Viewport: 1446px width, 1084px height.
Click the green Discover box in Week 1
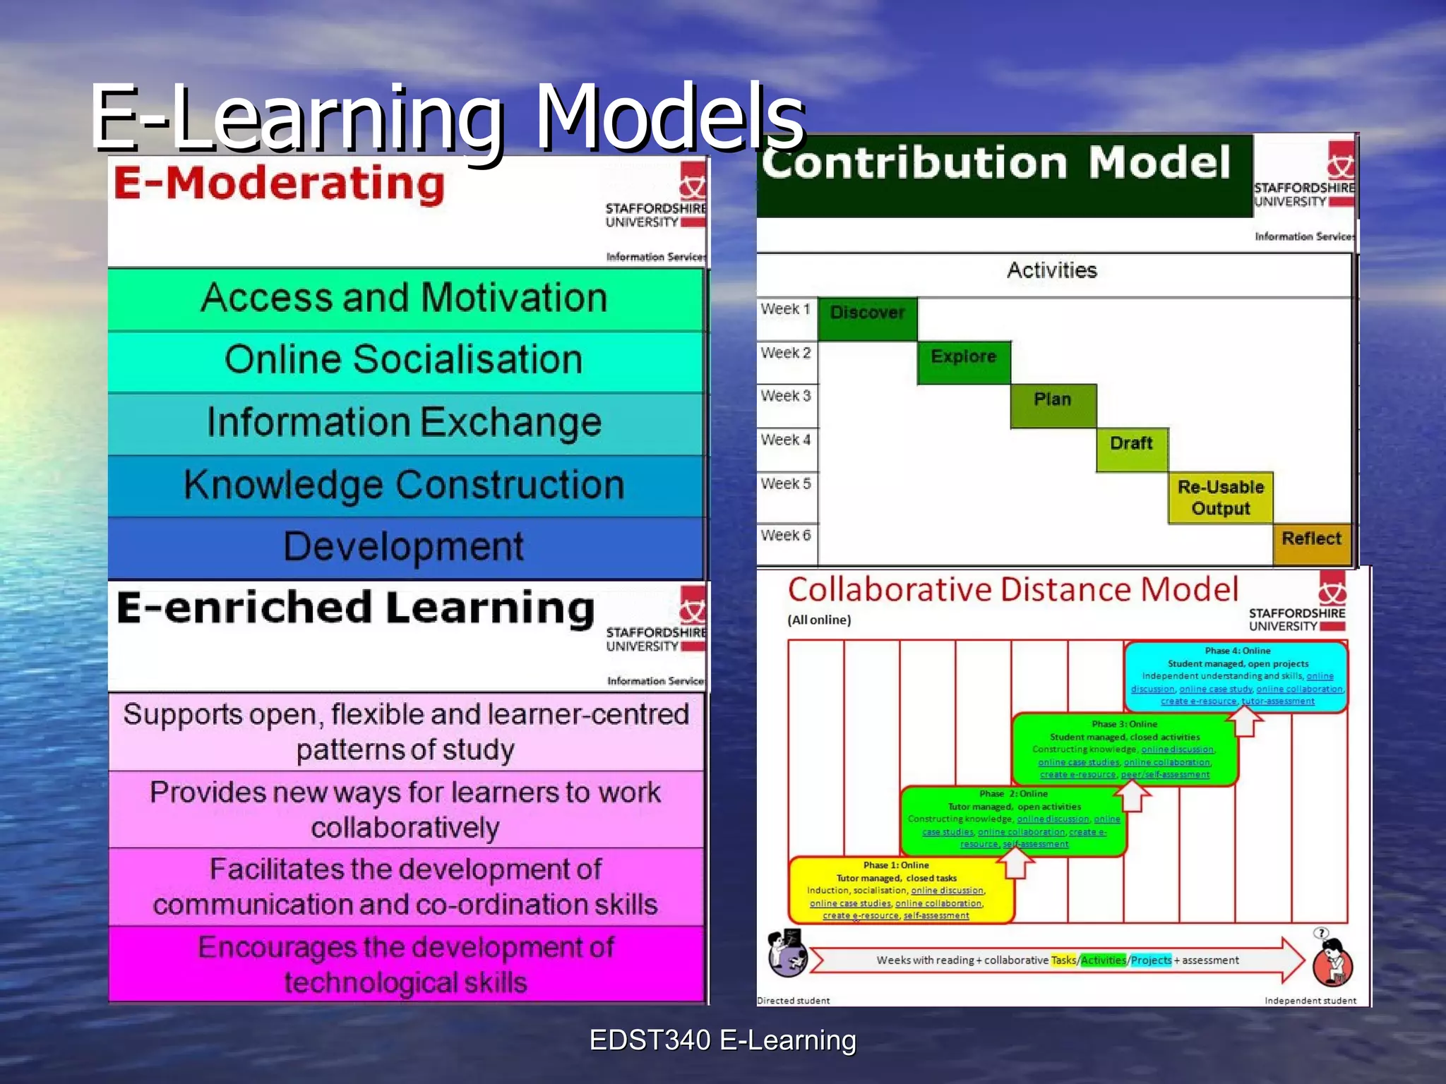tap(867, 318)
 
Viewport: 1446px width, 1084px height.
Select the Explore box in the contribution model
tap(963, 361)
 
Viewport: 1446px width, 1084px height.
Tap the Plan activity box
tap(1053, 405)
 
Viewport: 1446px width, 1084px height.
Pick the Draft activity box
tap(1131, 449)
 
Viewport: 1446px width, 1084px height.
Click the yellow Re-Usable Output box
tap(1220, 498)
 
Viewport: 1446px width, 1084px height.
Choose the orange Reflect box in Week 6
tap(1311, 543)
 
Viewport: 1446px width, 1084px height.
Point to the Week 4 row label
tap(786, 440)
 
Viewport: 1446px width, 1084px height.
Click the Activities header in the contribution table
tap(1051, 270)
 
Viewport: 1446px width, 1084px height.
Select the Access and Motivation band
tap(405, 298)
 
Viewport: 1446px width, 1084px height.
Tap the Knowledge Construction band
tap(405, 485)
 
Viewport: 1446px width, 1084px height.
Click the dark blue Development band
tap(405, 547)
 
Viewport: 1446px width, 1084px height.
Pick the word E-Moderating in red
tap(280, 183)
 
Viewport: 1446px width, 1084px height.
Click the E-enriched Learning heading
tap(355, 608)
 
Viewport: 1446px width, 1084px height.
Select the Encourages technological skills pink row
tap(406, 964)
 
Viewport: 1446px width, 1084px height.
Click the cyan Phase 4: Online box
tap(1236, 675)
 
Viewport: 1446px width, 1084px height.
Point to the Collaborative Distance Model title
tap(1013, 589)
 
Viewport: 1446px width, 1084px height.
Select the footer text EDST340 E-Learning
tap(722, 1040)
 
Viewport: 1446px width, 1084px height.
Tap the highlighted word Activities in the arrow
tap(1103, 960)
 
